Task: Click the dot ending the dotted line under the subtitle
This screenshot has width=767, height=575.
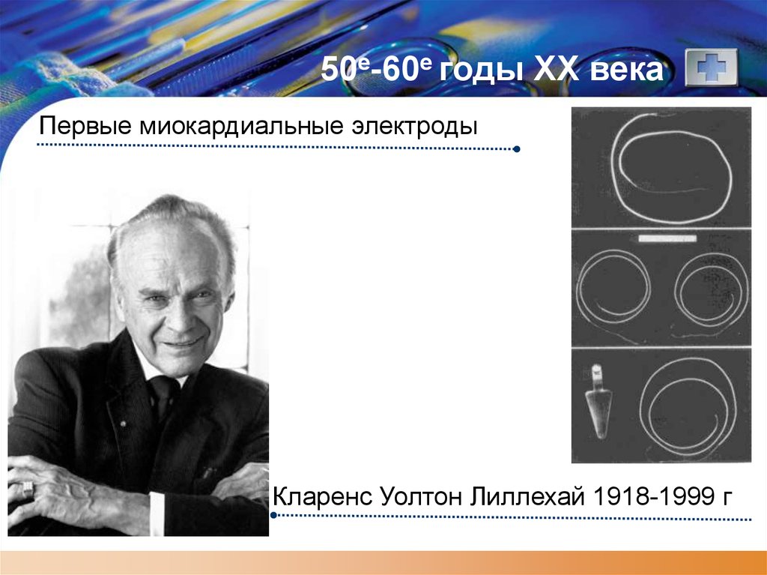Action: pos(517,149)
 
